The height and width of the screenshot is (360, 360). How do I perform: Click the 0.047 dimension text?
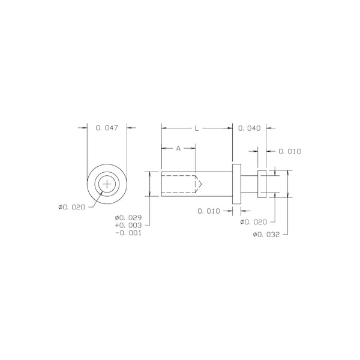click(x=107, y=128)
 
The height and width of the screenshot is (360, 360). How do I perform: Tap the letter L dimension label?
click(x=197, y=128)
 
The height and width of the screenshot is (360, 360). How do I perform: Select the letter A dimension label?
click(x=178, y=149)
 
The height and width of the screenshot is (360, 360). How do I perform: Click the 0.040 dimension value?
click(x=250, y=128)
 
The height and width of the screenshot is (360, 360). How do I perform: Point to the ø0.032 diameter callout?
click(x=266, y=235)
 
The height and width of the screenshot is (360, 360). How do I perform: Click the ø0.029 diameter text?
click(x=128, y=218)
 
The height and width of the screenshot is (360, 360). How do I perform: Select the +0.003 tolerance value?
click(x=128, y=225)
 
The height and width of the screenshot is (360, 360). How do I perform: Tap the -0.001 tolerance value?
click(x=128, y=233)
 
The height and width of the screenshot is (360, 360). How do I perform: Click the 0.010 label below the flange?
click(x=209, y=211)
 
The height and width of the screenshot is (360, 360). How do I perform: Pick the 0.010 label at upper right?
click(x=290, y=151)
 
